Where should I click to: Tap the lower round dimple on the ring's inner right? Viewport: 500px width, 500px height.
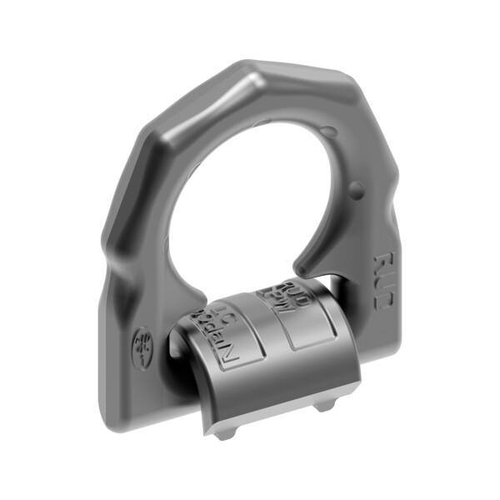tap(357, 187)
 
